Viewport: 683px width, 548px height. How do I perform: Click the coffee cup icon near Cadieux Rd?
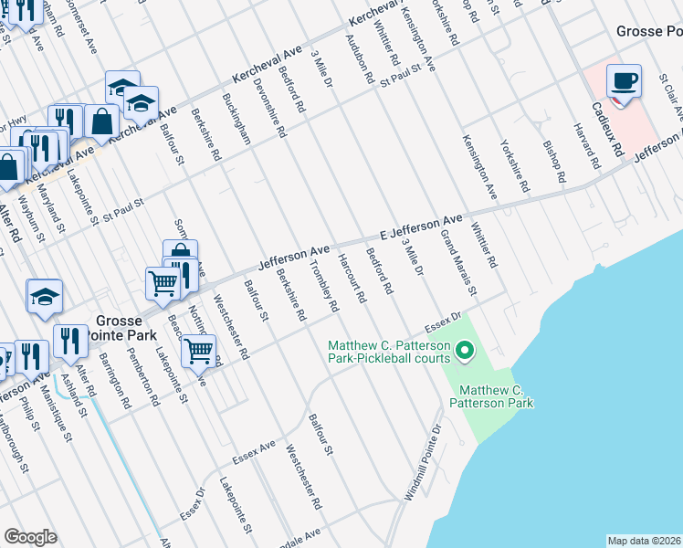point(624,81)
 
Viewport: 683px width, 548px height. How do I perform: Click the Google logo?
point(30,537)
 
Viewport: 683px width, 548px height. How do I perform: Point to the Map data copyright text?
point(644,541)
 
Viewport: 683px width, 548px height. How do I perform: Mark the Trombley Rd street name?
point(324,289)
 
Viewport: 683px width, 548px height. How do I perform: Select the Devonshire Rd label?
point(271,112)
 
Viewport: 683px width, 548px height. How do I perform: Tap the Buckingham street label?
point(237,119)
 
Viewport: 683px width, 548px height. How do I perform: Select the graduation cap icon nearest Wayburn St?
point(44,297)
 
